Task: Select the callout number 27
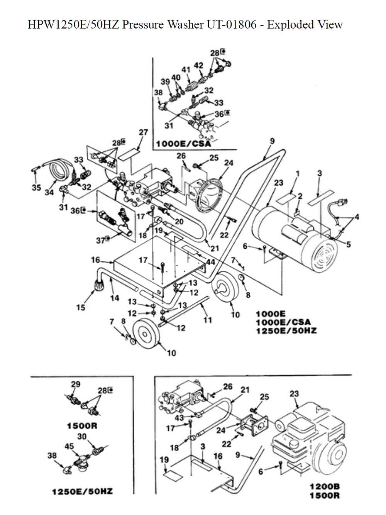coord(143,132)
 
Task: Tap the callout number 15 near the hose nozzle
coord(81,307)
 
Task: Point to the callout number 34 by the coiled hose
coord(49,192)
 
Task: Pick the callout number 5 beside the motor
coord(349,245)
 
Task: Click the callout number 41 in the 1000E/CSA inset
coord(186,70)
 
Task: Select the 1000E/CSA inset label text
coord(184,144)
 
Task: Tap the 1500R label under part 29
coord(82,425)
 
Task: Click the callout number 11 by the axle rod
coord(208,320)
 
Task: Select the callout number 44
coord(210,262)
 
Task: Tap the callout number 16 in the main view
coord(95,260)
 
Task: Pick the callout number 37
coord(101,240)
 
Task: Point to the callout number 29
coord(76,384)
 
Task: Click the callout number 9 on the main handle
coord(272,141)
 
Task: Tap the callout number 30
coord(82,437)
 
